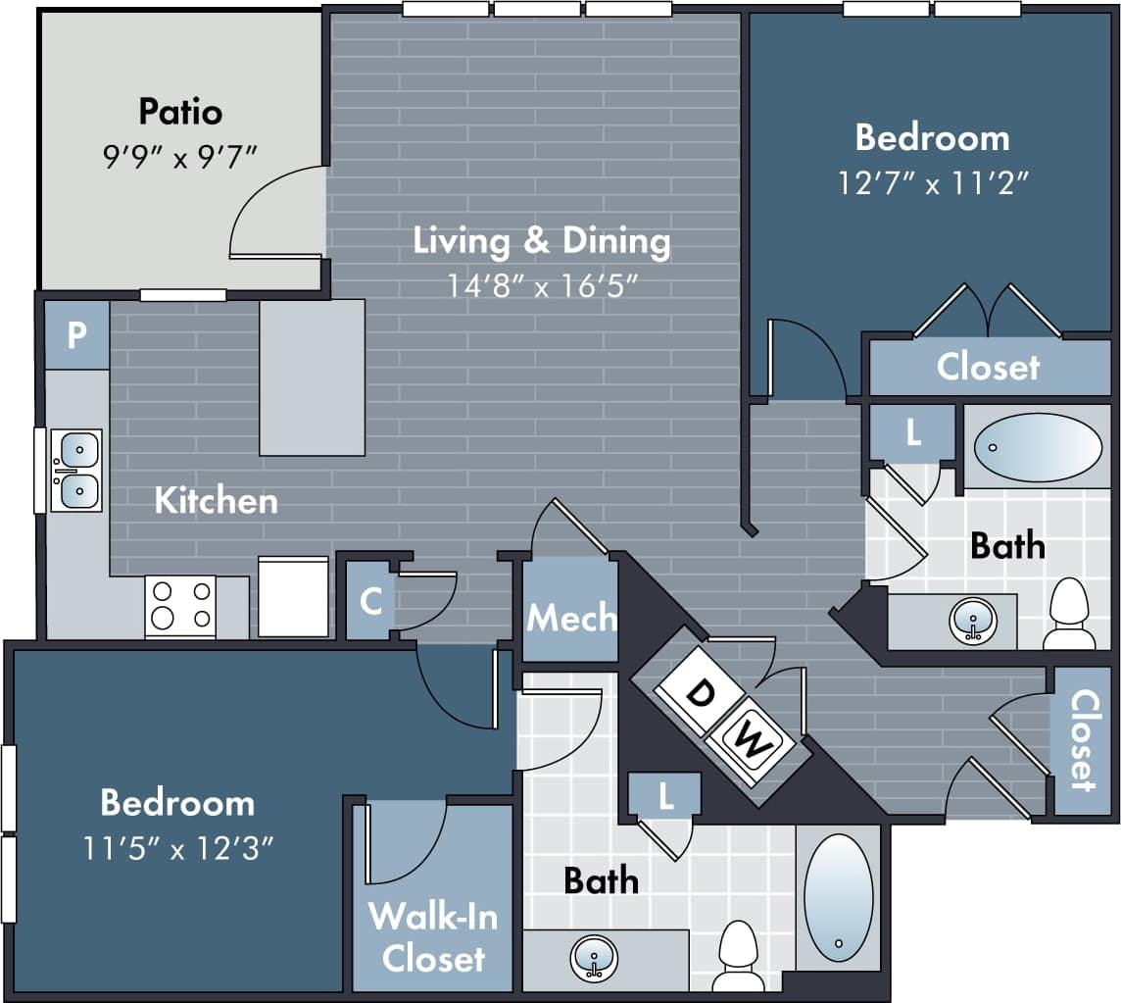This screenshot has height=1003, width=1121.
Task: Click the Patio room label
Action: tap(180, 111)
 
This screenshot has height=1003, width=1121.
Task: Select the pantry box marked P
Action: tap(76, 335)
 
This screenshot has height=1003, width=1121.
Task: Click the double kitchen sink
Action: tap(76, 470)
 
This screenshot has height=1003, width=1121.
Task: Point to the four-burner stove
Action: tap(180, 605)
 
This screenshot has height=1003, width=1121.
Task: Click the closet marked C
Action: tap(370, 600)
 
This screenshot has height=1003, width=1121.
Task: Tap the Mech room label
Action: tap(571, 618)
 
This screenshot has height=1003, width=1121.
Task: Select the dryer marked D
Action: tap(699, 693)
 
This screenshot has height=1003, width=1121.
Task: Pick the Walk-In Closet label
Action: tap(432, 936)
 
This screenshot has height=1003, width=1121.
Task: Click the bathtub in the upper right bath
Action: tap(1038, 447)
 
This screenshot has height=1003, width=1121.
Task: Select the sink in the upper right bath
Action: tap(973, 621)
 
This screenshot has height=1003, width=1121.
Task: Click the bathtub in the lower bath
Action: tap(838, 897)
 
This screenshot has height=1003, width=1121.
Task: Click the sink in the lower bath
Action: tap(594, 957)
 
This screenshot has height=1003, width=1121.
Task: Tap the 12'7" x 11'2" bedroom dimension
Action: tap(932, 182)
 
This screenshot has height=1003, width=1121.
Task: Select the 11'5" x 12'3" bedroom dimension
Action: tap(177, 847)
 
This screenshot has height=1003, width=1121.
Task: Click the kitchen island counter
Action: tap(312, 377)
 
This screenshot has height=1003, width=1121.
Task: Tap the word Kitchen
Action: tap(216, 500)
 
